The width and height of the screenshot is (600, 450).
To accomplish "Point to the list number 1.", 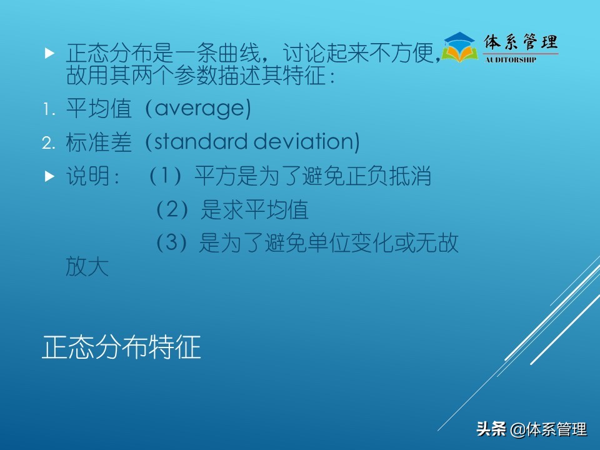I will point(48,110).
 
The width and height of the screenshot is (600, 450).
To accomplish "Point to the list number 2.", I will point(49,144).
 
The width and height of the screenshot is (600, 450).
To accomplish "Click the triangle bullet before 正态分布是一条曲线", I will point(50,54).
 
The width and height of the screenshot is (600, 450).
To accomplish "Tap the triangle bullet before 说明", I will point(50,177).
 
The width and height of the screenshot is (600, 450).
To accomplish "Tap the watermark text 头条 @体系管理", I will point(531,429).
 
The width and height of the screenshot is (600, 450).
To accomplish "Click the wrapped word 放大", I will point(87,267).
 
